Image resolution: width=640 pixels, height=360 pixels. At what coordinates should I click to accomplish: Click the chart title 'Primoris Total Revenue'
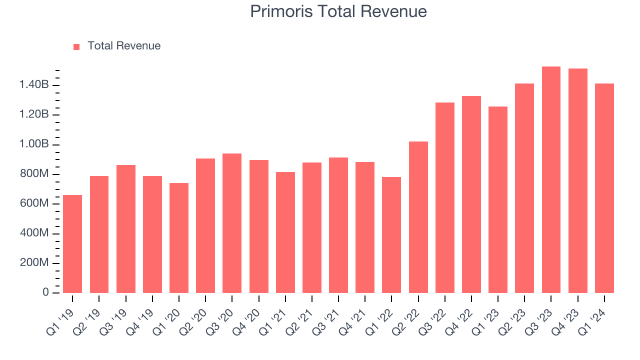coord(338,11)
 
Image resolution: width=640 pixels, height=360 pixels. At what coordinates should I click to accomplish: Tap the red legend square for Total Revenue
coord(76,46)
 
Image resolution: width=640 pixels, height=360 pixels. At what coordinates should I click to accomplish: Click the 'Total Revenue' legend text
coord(124,46)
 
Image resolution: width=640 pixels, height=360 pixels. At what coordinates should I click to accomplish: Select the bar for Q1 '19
coord(72,244)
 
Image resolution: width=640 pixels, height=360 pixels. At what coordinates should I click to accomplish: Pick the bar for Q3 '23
coord(551,179)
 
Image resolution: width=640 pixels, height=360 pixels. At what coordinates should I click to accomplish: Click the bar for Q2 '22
coord(418,217)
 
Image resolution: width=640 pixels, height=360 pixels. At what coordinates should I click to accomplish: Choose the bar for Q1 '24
coord(604,188)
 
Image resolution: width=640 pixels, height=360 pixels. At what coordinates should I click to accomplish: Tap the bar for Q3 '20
coord(232,223)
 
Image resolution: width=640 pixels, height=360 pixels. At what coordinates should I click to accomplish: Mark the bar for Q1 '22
coord(391,235)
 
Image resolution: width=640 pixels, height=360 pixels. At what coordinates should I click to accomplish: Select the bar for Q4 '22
coord(471,194)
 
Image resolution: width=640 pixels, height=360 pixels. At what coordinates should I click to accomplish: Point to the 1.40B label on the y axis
coord(34,85)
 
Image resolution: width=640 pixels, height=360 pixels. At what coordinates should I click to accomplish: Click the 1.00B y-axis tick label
coord(34,144)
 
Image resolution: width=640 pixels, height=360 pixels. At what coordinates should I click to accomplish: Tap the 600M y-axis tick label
coord(34,204)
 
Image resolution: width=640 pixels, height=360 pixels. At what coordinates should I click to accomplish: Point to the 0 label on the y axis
coord(45,292)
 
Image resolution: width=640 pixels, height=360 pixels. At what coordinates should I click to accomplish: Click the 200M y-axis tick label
coord(34,263)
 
